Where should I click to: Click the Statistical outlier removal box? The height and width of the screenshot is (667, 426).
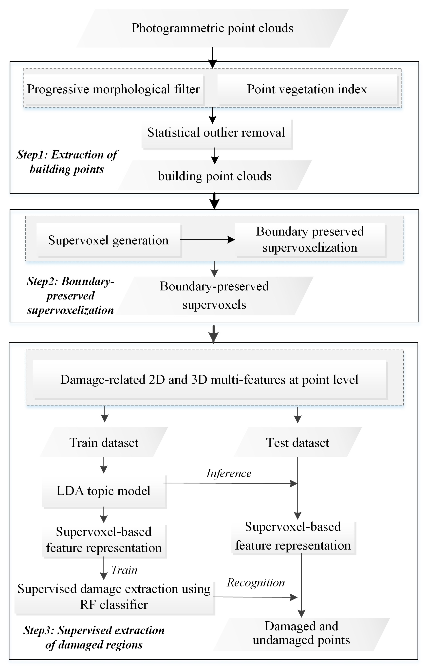pos(216,132)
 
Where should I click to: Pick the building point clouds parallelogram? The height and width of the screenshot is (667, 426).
pos(215,176)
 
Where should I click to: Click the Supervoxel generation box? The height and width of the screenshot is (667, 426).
pos(109,240)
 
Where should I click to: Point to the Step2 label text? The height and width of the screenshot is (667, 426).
pos(71,295)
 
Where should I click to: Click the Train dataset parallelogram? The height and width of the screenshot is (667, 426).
pos(104,442)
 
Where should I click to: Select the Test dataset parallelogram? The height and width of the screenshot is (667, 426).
pos(297,442)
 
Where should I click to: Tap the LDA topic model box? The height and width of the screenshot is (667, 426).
pos(104,490)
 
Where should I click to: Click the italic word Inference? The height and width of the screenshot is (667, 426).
pos(229,473)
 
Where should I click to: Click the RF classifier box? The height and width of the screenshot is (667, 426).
pos(114,597)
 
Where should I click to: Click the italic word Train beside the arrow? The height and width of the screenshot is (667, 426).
pos(124,570)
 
